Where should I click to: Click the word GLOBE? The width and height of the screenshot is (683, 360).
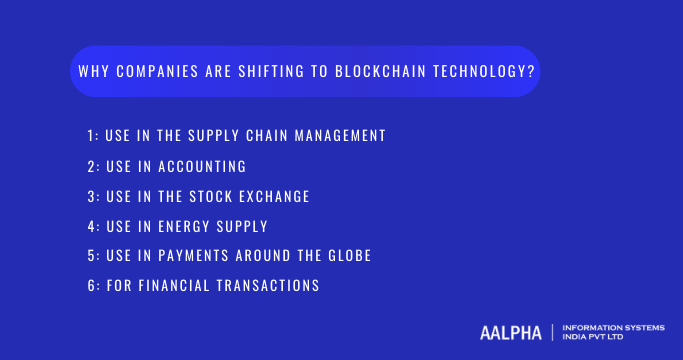coord(348,256)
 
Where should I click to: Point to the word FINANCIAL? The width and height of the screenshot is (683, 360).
coord(181,286)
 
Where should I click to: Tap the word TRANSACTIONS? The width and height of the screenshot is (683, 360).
coord(273,286)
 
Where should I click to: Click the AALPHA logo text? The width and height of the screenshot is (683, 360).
coord(509,332)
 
